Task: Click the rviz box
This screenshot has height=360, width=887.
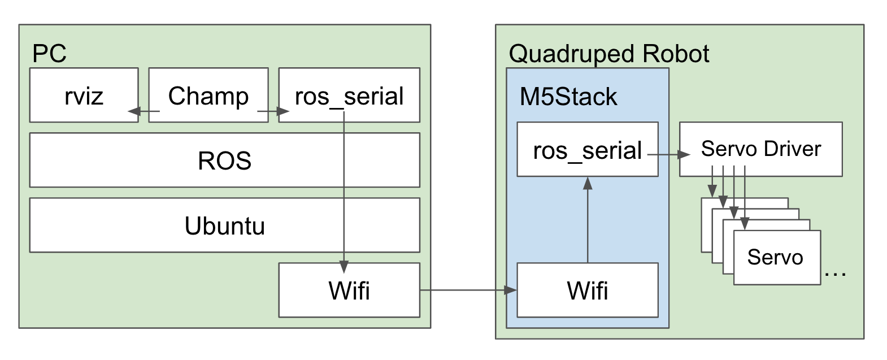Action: click(x=84, y=95)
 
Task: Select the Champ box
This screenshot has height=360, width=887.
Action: click(x=208, y=95)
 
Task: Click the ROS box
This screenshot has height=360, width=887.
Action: click(x=224, y=160)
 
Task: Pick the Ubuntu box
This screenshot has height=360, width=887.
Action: click(x=224, y=225)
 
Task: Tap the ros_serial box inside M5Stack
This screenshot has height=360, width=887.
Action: click(x=587, y=150)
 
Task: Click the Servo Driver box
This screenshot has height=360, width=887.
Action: click(x=760, y=148)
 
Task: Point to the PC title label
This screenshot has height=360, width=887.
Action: click(x=49, y=54)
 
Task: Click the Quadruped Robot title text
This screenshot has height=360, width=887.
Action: click(x=608, y=54)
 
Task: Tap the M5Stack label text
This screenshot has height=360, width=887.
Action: click(x=568, y=97)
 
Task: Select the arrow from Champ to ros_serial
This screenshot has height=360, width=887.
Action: click(x=272, y=112)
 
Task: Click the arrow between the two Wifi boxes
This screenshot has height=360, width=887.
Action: click(x=468, y=290)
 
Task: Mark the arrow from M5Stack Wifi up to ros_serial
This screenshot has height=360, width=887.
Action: click(x=588, y=220)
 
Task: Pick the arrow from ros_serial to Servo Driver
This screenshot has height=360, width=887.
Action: click(x=669, y=154)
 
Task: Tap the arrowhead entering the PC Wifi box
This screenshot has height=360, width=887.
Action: click(x=344, y=267)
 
